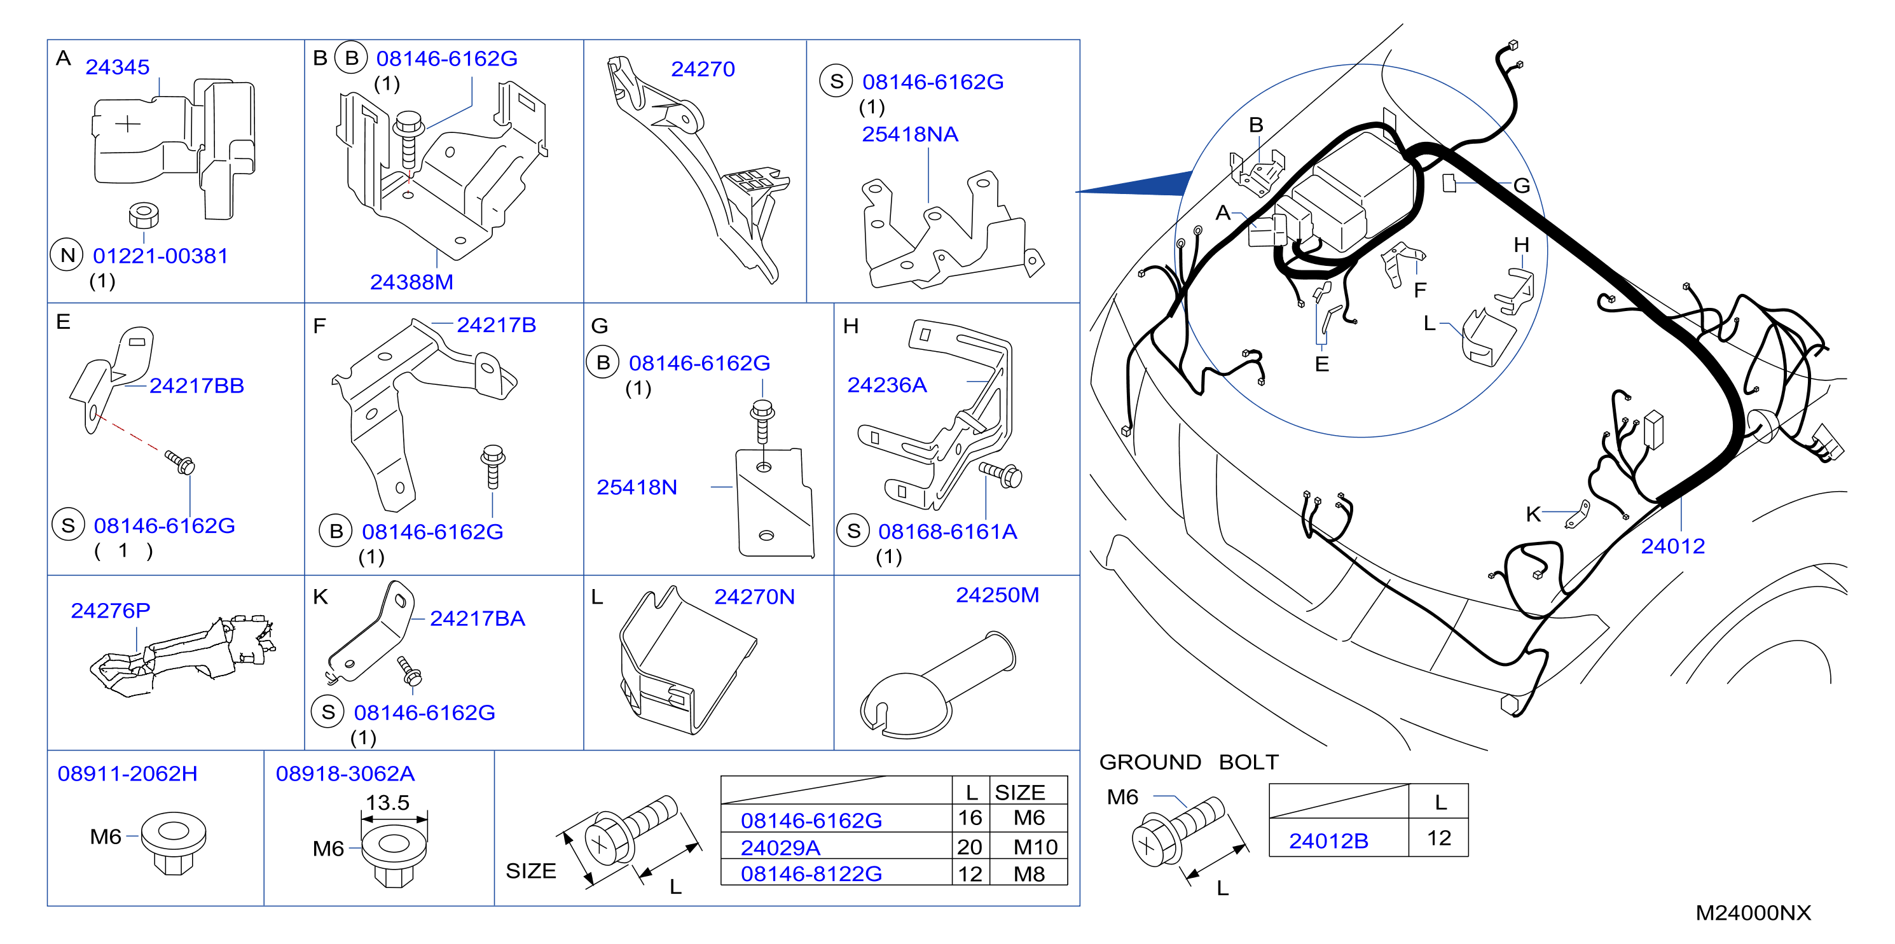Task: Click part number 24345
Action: (x=117, y=67)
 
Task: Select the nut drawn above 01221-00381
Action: (x=144, y=216)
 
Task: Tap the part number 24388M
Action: (x=411, y=282)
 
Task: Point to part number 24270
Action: (x=703, y=69)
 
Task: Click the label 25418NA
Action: (x=910, y=135)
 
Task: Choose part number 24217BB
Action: (x=196, y=385)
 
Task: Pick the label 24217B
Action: (x=497, y=325)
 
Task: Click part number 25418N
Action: (x=637, y=487)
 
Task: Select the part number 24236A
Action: (x=887, y=385)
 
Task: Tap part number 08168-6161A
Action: (x=948, y=531)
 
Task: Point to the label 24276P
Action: (x=111, y=611)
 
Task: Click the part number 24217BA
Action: (x=478, y=619)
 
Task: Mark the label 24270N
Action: (x=755, y=597)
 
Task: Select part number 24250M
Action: (x=998, y=595)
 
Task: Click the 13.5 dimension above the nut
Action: (x=388, y=803)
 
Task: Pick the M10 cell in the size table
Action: (x=1036, y=847)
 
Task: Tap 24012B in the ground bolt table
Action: (x=1328, y=841)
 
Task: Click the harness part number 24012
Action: (x=1673, y=546)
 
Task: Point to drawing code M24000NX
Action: (x=1753, y=913)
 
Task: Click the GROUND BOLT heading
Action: (x=1189, y=762)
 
